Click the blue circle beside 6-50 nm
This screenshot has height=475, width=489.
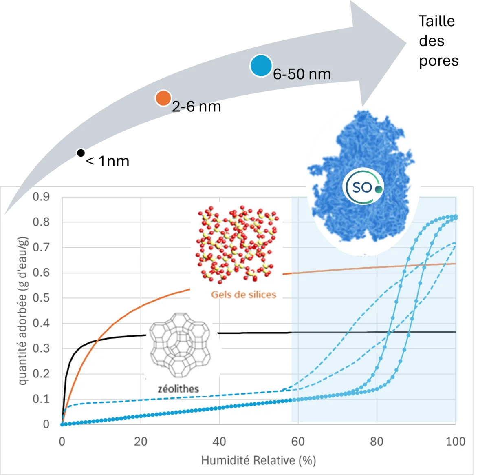(261, 66)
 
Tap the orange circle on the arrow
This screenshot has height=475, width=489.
(163, 98)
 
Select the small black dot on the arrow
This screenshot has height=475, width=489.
(81, 153)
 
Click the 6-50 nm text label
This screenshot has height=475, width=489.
(302, 74)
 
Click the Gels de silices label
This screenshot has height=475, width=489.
(243, 295)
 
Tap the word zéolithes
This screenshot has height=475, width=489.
(178, 388)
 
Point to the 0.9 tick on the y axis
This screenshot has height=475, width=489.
(41, 197)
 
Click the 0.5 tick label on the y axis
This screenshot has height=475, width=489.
(41, 298)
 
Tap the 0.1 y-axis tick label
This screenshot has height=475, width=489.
(41, 399)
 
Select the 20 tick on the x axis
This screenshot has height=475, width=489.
(141, 442)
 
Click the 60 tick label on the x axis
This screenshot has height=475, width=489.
(298, 442)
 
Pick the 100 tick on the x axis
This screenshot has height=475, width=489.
(455, 442)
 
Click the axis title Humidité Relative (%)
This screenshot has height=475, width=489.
(258, 461)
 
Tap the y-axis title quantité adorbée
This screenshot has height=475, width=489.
(23, 310)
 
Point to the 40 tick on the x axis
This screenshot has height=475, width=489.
(219, 442)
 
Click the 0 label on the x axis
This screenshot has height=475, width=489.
(62, 442)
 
